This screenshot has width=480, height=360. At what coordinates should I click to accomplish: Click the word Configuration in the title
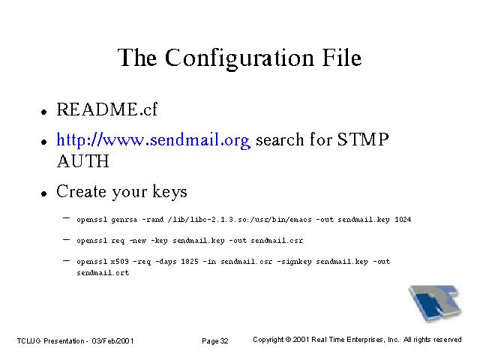pyautogui.click(x=239, y=58)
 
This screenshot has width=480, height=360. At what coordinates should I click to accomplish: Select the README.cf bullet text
pyautogui.click(x=106, y=109)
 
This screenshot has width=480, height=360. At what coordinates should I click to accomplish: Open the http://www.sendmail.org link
pyautogui.click(x=153, y=140)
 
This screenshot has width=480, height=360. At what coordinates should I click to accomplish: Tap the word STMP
pyautogui.click(x=363, y=139)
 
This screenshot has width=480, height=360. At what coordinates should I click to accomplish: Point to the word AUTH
pyautogui.click(x=83, y=161)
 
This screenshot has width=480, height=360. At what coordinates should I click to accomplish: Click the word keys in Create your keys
pyautogui.click(x=169, y=193)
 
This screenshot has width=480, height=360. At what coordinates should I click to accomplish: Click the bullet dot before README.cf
pyautogui.click(x=44, y=112)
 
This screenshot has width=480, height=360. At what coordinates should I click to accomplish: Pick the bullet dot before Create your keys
pyautogui.click(x=44, y=193)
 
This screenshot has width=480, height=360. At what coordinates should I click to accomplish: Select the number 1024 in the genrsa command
pyautogui.click(x=403, y=220)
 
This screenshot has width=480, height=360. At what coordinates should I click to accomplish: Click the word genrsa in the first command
pyautogui.click(x=124, y=220)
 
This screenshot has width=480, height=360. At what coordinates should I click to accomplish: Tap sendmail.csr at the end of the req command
pyautogui.click(x=277, y=241)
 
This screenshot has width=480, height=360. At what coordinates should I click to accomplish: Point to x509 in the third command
pyautogui.click(x=120, y=262)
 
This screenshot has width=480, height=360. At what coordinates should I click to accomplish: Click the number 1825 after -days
pyautogui.click(x=190, y=262)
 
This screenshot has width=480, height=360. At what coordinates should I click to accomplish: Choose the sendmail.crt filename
pyautogui.click(x=103, y=273)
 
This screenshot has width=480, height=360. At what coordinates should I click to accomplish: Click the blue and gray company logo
pyautogui.click(x=435, y=303)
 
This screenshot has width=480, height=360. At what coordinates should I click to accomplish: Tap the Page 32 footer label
pyautogui.click(x=215, y=341)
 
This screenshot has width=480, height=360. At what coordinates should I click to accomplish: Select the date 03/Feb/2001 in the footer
pyautogui.click(x=112, y=341)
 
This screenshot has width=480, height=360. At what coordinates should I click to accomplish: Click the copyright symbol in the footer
pyautogui.click(x=288, y=340)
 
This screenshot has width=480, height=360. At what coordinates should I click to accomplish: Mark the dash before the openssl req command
pyautogui.click(x=66, y=239)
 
